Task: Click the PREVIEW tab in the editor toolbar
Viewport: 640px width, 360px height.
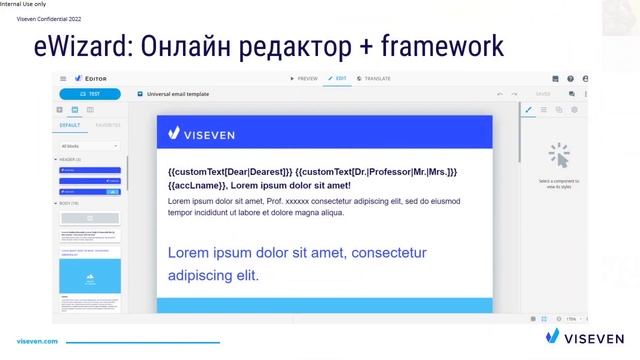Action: pos(303,78)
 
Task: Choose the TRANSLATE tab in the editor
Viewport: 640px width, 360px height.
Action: pos(374,78)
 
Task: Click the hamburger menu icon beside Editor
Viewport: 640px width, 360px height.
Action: pos(63,78)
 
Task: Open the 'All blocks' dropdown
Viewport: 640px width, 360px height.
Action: pos(89,146)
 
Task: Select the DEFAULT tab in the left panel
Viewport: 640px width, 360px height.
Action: pos(70,126)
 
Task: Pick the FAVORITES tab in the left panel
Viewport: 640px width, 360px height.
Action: pos(107,126)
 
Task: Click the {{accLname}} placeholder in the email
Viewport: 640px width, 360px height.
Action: pos(197,185)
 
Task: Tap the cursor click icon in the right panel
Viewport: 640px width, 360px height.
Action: pos(558,155)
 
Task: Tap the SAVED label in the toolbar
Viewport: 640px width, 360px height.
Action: pos(543,94)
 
